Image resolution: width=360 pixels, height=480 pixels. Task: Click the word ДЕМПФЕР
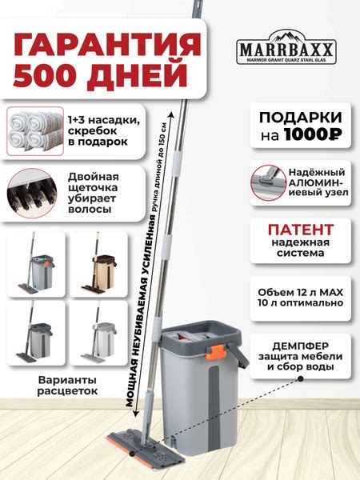297,338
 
